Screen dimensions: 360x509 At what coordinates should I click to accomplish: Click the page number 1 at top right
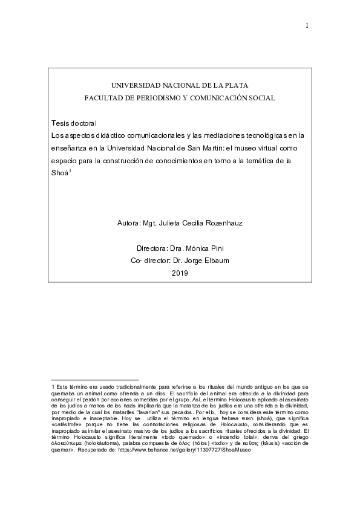click(307, 25)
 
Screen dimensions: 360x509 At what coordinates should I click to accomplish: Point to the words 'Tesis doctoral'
click(74, 123)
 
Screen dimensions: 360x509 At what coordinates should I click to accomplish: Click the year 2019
click(180, 273)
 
